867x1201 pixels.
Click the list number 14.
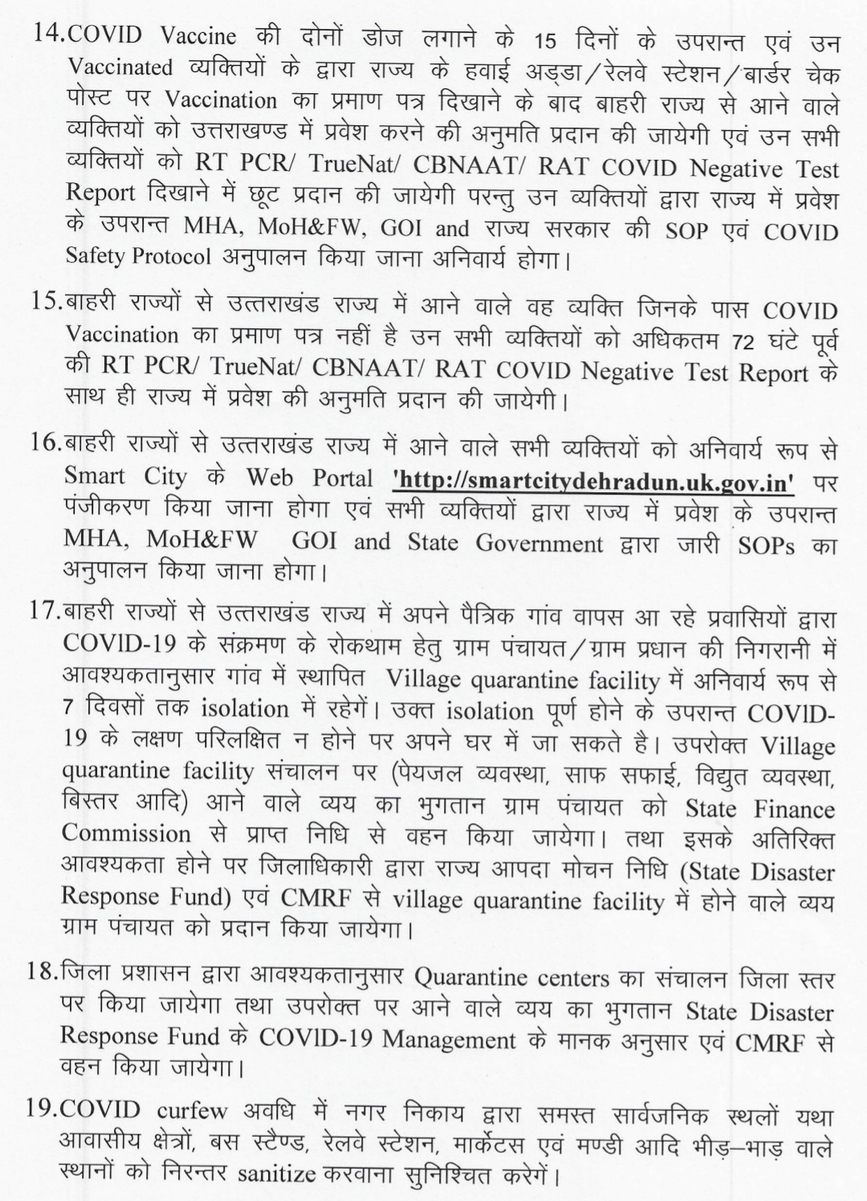(45, 35)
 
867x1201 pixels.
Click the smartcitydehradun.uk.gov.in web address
(594, 480)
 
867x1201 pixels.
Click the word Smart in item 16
(95, 477)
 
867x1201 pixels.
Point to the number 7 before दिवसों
(69, 710)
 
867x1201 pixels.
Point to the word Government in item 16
(539, 544)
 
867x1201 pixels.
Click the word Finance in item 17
(794, 808)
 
